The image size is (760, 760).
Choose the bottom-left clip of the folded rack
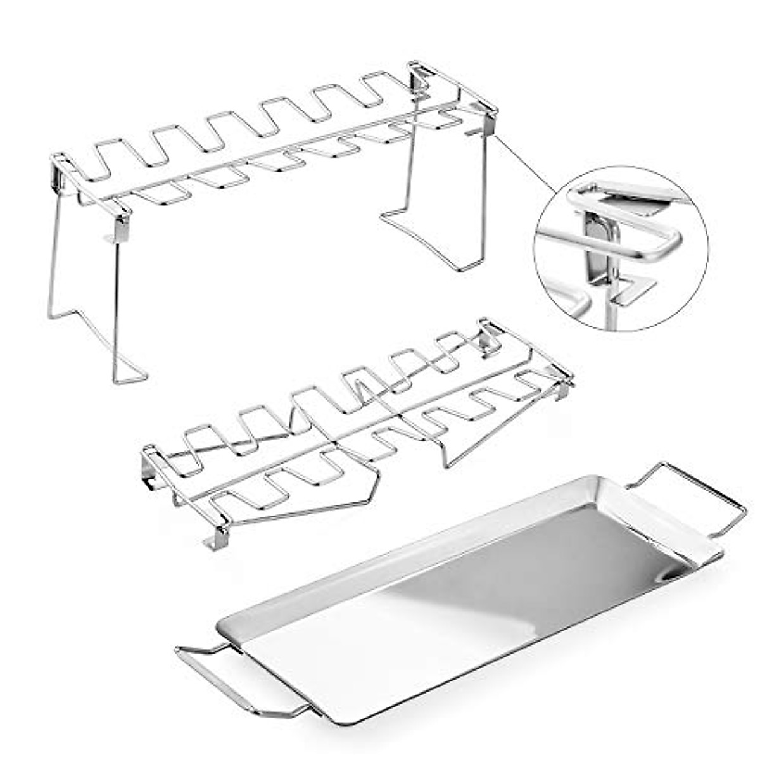click(218, 538)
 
